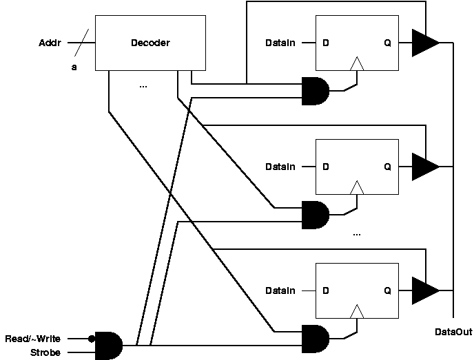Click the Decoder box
150,43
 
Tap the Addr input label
50,43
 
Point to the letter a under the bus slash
74,67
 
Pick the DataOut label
453,332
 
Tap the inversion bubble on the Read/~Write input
92,339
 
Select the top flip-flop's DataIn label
280,43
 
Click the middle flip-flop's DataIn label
280,167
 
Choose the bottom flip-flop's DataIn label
280,290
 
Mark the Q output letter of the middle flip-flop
387,167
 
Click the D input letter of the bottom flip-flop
326,290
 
